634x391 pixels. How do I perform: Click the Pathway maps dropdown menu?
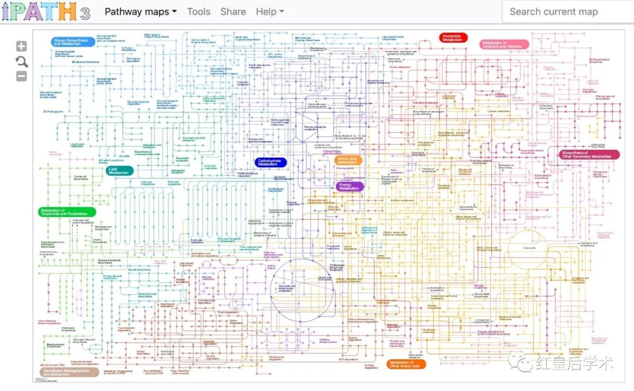coord(140,12)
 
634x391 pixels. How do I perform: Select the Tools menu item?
coord(198,12)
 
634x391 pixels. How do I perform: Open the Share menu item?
coord(233,12)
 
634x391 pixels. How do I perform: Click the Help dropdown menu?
coord(269,12)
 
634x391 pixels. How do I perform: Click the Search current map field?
coord(566,12)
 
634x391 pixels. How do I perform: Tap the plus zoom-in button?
coord(21,46)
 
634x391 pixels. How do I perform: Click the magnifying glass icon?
coord(21,62)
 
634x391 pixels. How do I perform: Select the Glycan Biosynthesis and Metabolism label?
coord(70,42)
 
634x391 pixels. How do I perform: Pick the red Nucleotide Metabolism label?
coord(453,38)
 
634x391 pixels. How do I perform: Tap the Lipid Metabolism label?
coord(119,171)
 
